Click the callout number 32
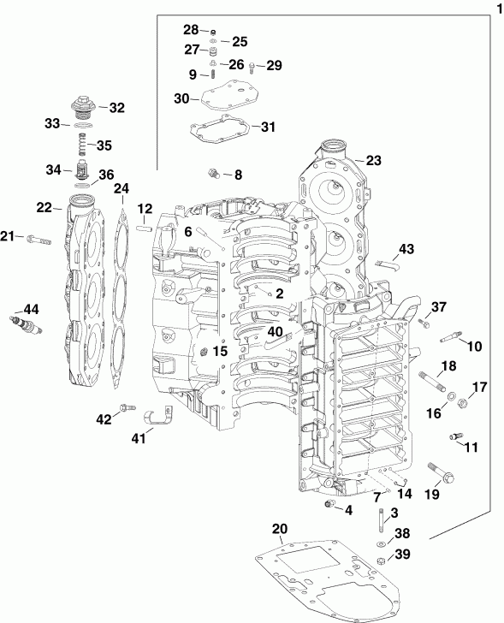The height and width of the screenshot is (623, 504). coord(116,108)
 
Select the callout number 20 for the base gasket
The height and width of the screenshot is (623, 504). coord(280,527)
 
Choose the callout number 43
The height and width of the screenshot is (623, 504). coord(406,248)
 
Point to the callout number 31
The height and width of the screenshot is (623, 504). coord(268,128)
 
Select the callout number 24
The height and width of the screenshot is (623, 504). coord(122,188)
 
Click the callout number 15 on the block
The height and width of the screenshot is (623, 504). coord(220,351)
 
